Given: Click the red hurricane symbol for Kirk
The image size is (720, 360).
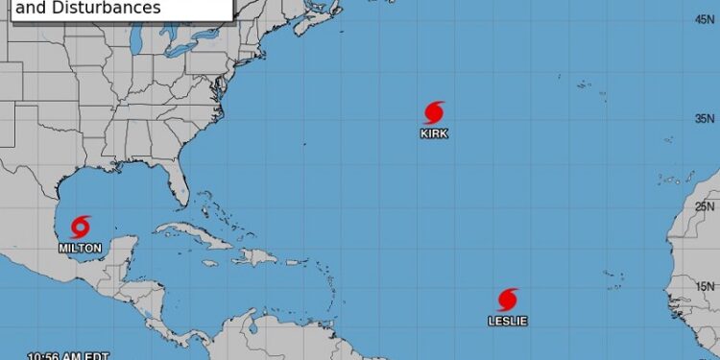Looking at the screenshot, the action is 433,112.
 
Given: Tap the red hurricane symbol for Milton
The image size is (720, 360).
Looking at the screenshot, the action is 80,228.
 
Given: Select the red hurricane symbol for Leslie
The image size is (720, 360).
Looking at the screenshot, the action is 508,300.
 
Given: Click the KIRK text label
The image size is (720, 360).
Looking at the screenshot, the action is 433,134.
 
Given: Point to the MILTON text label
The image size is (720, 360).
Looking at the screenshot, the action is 80,248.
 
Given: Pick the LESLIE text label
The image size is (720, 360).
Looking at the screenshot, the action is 508,321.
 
